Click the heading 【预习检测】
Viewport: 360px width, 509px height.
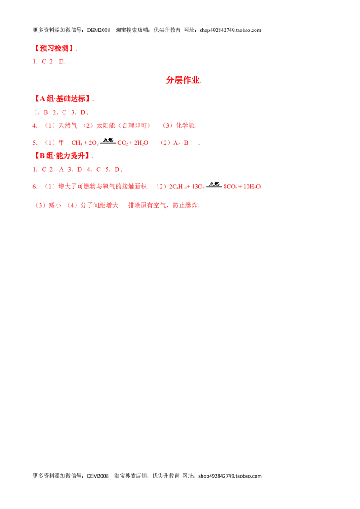point(54,49)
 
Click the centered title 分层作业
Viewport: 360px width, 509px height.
point(183,80)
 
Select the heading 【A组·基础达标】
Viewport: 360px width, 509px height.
point(62,98)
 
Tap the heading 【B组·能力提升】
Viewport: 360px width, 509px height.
point(62,156)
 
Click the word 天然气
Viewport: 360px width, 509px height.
point(67,125)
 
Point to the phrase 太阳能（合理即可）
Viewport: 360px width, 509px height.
point(123,125)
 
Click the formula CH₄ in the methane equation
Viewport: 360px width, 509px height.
point(77,143)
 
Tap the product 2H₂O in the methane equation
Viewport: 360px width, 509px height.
point(141,143)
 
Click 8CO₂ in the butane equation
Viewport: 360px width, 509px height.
point(230,187)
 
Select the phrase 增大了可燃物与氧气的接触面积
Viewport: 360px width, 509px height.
point(102,186)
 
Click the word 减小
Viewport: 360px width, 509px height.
point(54,205)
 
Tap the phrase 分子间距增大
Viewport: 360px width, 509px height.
point(99,205)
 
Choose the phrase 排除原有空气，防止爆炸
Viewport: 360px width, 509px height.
point(163,205)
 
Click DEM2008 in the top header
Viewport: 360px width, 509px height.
point(99,30)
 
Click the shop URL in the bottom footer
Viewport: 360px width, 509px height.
point(230,476)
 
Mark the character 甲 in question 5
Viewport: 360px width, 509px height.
point(61,143)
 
